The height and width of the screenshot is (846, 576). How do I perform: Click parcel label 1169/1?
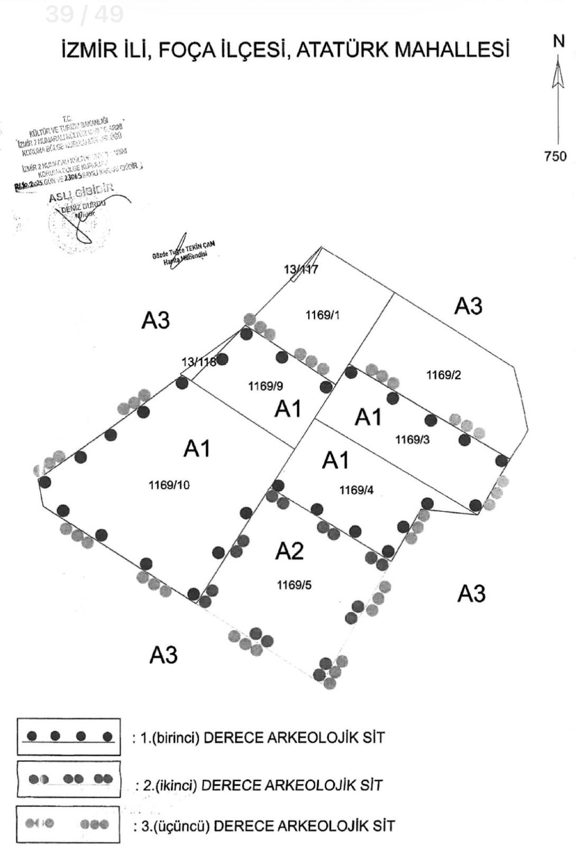[323, 315]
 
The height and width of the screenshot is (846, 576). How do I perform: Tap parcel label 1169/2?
[443, 375]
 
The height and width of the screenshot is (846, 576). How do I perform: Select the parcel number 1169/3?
[413, 439]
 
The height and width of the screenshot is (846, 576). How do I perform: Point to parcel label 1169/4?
[356, 490]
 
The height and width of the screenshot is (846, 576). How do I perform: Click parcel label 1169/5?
[294, 585]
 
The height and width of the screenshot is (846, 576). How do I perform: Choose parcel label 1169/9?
[266, 387]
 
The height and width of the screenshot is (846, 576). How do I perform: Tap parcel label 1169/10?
[169, 485]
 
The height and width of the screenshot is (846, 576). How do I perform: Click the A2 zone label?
[289, 551]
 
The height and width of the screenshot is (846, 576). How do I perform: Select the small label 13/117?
[301, 270]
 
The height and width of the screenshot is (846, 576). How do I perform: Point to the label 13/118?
[199, 362]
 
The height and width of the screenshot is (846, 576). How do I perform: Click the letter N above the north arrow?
[559, 41]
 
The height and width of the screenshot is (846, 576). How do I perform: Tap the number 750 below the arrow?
[555, 157]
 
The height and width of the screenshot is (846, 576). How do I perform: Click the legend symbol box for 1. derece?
[69, 737]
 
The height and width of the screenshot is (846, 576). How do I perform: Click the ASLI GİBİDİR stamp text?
[80, 194]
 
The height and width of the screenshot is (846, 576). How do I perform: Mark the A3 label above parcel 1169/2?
[468, 306]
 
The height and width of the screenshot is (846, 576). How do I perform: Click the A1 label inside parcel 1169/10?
[197, 449]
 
